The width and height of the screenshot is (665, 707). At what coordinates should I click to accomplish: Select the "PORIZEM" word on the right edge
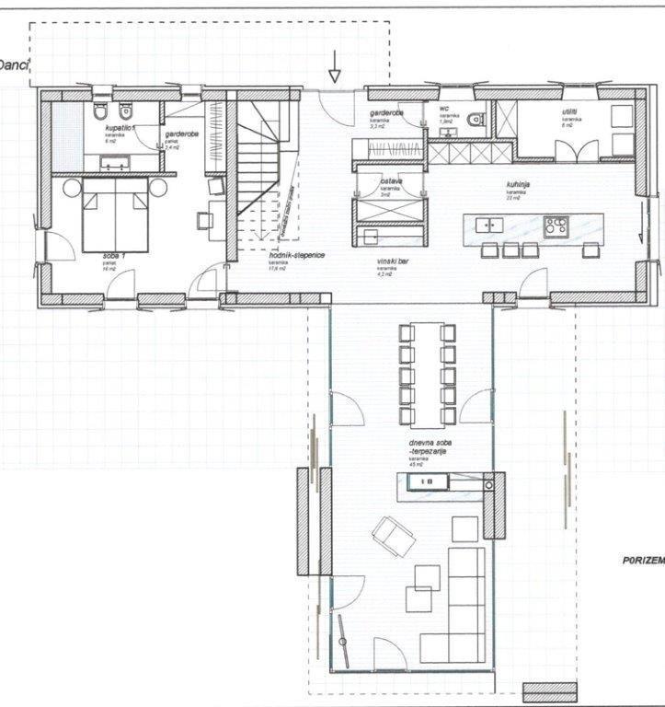[639, 561]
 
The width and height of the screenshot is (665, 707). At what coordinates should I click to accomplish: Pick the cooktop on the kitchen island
[556, 226]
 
